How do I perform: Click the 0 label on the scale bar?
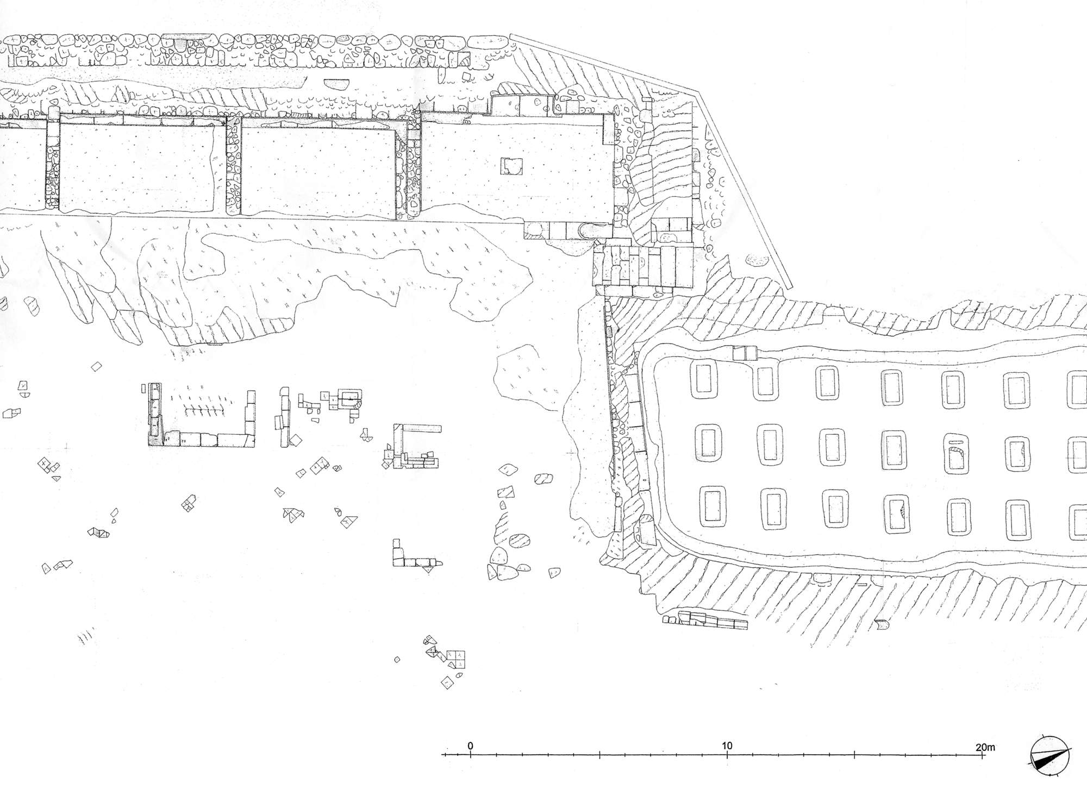pos(471,746)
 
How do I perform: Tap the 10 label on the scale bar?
pos(727,746)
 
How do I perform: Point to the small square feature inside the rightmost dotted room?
pos(511,166)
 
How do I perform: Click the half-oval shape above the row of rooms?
pos(337,85)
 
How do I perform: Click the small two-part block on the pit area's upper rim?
pos(745,353)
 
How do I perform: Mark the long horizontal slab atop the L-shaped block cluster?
pos(422,429)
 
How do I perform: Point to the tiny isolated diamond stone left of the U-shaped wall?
pos(96,366)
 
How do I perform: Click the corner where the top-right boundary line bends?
pos(698,90)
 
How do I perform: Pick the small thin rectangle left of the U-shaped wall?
pos(143,388)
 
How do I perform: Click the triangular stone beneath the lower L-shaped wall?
pos(428,569)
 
